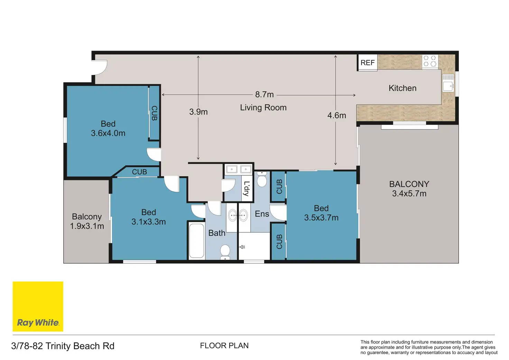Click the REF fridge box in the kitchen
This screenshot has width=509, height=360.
(x=368, y=62)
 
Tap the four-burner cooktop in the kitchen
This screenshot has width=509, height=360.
(x=430, y=61)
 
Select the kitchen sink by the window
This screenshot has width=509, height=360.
(x=448, y=83)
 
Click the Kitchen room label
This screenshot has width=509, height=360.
(x=402, y=88)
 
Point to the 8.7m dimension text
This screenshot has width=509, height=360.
(x=264, y=94)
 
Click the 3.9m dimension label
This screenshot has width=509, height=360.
(x=198, y=112)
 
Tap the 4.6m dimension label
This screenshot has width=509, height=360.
(x=336, y=116)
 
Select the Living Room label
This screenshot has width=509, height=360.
(x=263, y=107)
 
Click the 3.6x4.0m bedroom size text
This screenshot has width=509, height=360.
(x=108, y=133)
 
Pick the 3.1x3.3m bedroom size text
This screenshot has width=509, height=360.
(x=149, y=222)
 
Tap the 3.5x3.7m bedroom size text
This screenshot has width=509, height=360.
(x=321, y=218)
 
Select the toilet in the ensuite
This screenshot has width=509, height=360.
(x=262, y=179)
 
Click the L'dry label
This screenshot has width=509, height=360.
(x=246, y=188)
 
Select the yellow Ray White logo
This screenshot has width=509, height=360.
(x=38, y=306)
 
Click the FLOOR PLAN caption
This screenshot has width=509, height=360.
(x=224, y=345)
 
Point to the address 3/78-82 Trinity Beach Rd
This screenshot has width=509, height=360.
(x=63, y=346)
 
